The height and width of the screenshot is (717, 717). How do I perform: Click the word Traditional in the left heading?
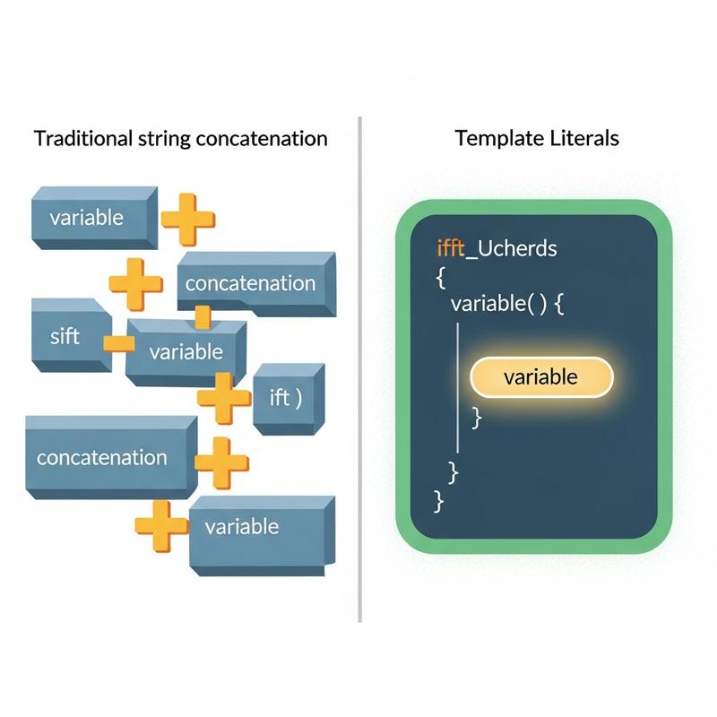[x=82, y=138]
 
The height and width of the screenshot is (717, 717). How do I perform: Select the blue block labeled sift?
[x=72, y=335]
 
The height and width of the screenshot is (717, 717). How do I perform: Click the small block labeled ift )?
[x=289, y=399]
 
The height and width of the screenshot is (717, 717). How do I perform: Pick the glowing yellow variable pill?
[x=541, y=377]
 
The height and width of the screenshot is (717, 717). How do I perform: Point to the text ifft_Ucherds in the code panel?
[x=497, y=249]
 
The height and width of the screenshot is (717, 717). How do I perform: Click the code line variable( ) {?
[x=507, y=303]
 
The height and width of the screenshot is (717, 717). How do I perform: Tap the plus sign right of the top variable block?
[x=188, y=220]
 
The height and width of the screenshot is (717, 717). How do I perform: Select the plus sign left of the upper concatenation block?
[x=136, y=284]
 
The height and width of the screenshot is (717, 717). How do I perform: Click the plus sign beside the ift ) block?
[x=224, y=398]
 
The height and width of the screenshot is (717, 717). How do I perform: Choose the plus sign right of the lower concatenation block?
[x=221, y=463]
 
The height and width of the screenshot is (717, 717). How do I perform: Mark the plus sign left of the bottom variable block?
[x=161, y=526]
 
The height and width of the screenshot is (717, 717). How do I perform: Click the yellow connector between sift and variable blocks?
[x=119, y=344]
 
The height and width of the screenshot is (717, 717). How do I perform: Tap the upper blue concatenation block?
[x=256, y=283]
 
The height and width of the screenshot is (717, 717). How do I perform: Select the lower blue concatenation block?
[x=111, y=457]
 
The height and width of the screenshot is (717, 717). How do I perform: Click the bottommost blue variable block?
[x=262, y=535]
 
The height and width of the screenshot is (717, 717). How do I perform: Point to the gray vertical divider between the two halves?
[x=360, y=369]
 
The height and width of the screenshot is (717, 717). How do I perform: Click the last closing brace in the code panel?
[x=438, y=502]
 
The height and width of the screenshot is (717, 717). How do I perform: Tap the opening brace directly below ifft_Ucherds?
[x=441, y=277]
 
